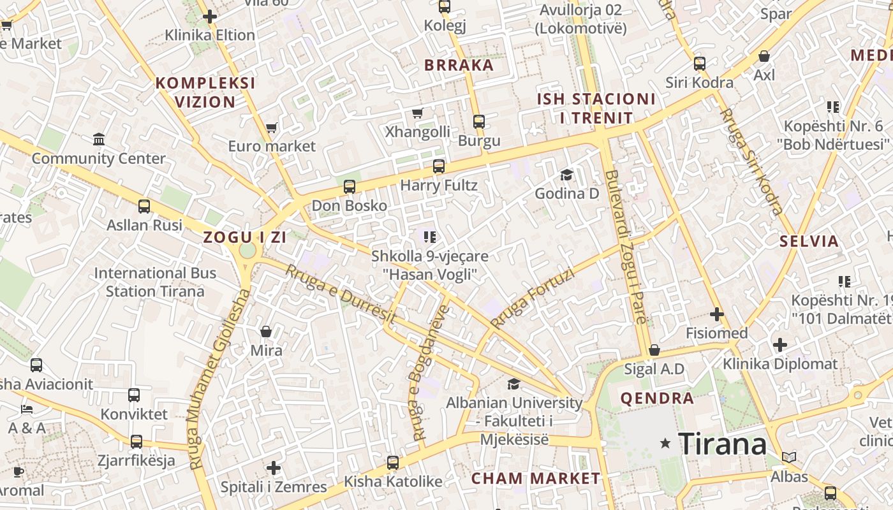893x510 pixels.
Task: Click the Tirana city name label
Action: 722,444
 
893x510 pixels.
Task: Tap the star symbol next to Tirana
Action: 665,442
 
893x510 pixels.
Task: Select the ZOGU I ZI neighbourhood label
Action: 245,237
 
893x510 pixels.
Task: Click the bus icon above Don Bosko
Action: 349,187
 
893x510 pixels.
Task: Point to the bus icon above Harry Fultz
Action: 439,166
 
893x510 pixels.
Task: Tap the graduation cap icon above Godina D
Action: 566,175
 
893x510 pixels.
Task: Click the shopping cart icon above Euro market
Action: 272,128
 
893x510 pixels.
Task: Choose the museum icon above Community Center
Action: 99,139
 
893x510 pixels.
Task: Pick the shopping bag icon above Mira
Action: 266,331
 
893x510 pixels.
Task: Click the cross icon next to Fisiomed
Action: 717,314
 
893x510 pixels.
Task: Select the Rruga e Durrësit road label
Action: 341,294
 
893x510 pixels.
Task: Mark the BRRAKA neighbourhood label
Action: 459,65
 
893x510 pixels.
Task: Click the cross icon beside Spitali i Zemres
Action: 274,469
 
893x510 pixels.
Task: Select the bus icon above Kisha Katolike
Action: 393,463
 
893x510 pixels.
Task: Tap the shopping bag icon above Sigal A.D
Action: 654,350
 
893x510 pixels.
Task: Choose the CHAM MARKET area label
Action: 536,478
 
